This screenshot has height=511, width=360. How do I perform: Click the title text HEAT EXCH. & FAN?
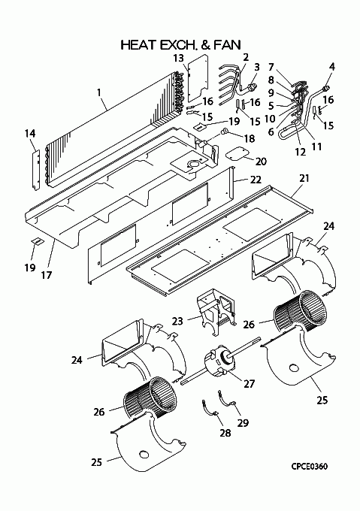[181, 45]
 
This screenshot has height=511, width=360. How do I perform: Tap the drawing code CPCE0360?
[310, 467]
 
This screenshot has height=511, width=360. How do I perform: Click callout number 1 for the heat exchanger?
[98, 92]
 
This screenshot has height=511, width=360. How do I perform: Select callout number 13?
[179, 59]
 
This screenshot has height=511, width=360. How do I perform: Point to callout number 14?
[30, 134]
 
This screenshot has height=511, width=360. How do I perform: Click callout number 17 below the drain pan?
[47, 275]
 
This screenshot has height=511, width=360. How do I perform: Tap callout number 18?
[250, 139]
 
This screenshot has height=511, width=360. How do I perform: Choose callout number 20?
[261, 161]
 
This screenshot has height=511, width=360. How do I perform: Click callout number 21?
[304, 178]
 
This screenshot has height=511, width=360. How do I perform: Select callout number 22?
[256, 180]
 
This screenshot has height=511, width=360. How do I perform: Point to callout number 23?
[177, 322]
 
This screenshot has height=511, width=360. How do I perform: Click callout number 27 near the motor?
[249, 383]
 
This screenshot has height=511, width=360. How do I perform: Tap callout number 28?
[225, 433]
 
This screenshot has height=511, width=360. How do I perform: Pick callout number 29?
[243, 423]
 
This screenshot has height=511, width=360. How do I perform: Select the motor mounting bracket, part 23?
[215, 311]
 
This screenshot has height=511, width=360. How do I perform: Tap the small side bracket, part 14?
[37, 170]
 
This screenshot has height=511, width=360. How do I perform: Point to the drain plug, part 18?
[225, 132]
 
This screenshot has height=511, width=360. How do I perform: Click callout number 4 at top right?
[331, 67]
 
